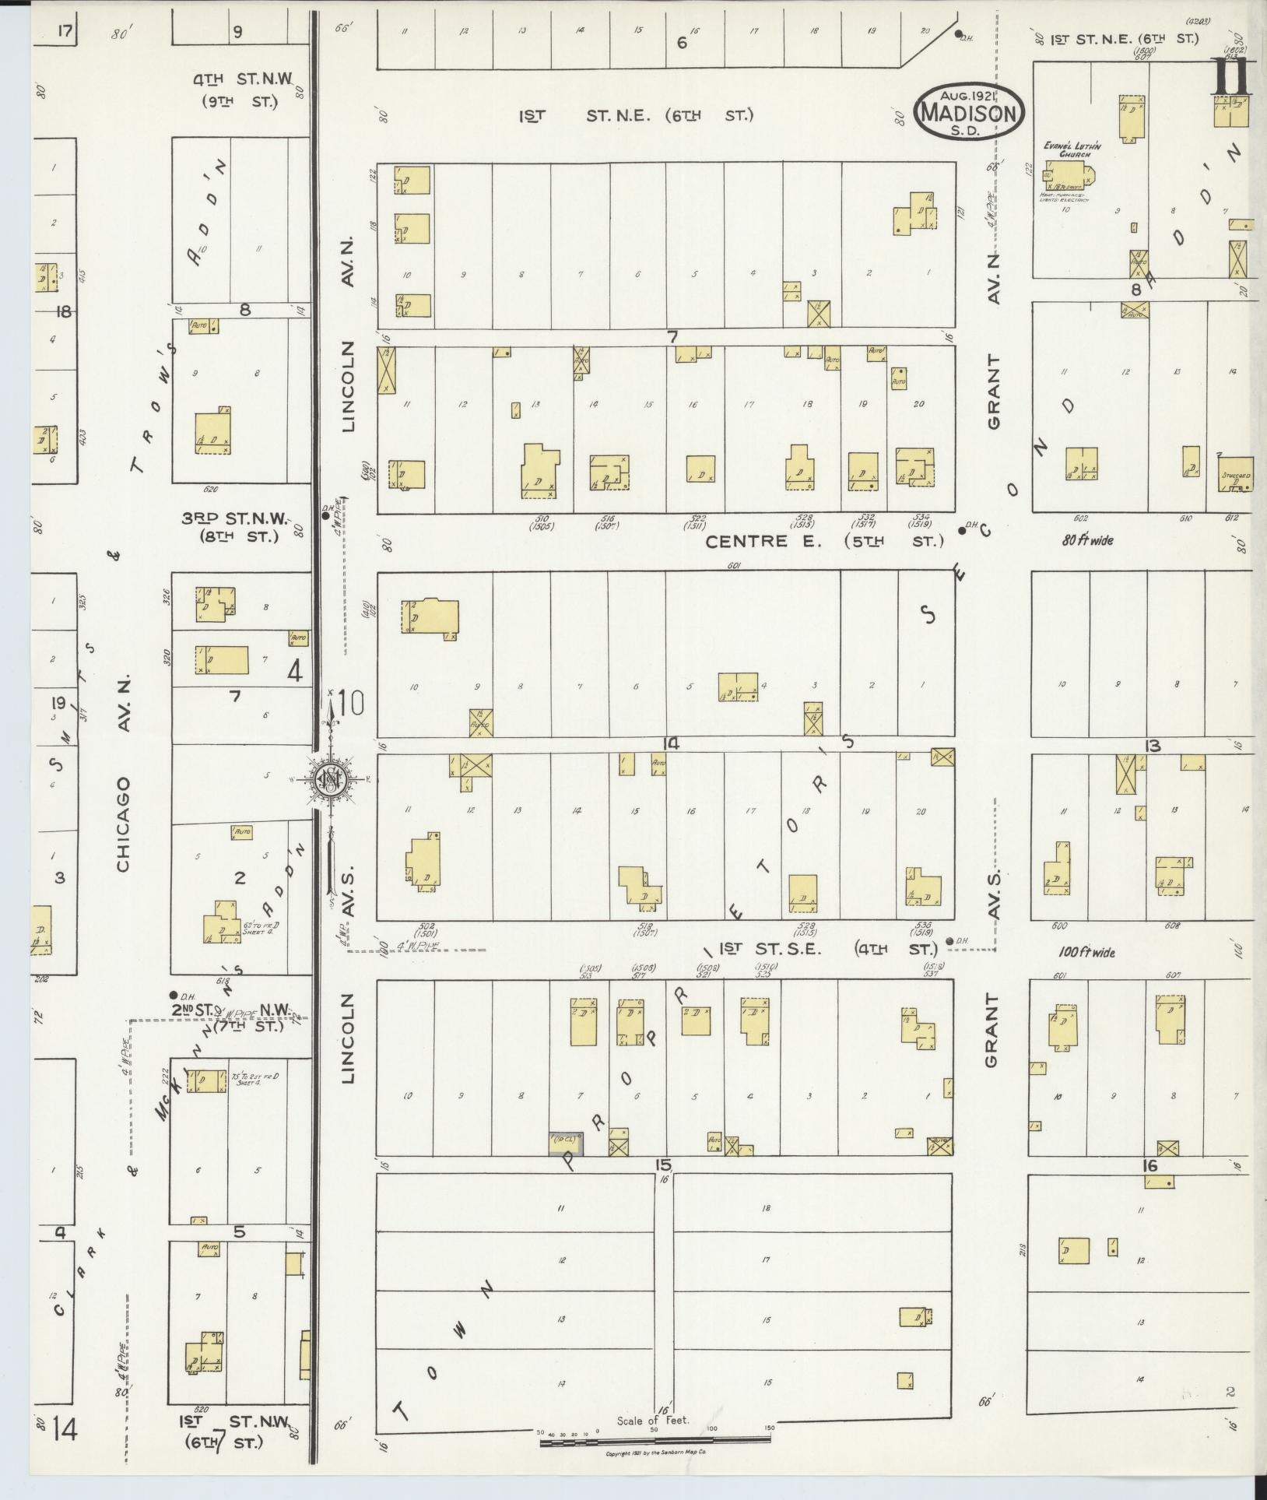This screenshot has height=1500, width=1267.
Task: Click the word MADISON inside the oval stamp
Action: click(x=969, y=114)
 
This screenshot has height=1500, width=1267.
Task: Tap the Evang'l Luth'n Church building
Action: click(x=1067, y=175)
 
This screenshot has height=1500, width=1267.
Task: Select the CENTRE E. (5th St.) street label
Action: click(x=823, y=541)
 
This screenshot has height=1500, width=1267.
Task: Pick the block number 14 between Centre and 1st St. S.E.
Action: click(x=671, y=744)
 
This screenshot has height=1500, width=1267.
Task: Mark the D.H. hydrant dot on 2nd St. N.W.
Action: click(x=173, y=995)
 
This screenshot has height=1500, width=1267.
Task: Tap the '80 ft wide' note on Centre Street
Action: click(x=1086, y=539)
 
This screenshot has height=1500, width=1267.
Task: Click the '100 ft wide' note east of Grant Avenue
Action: click(x=1086, y=951)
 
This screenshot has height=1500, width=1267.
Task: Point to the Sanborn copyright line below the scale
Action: click(x=655, y=1453)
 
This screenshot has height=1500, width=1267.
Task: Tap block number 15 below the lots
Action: click(x=662, y=1165)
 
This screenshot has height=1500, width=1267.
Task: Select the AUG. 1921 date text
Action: click(x=968, y=95)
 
